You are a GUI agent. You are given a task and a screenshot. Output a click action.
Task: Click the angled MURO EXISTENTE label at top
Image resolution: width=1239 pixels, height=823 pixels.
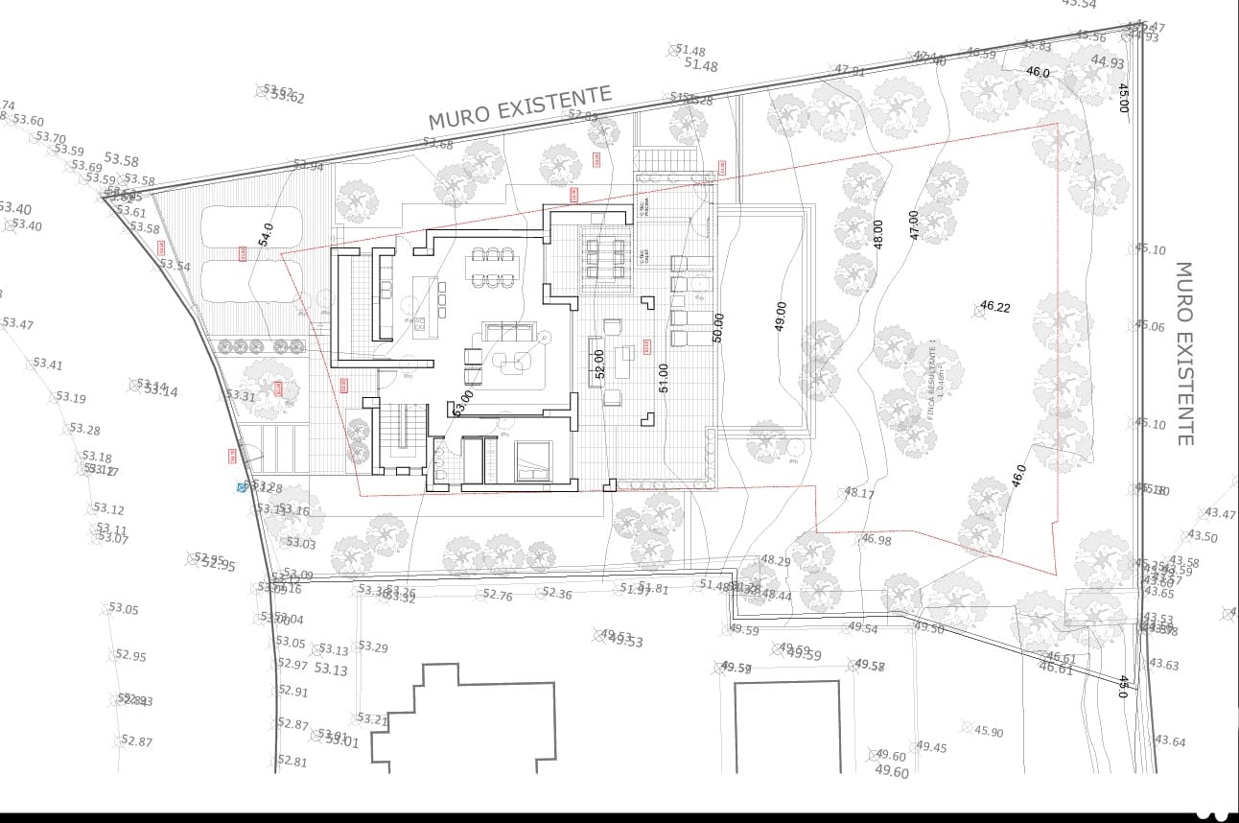[519, 107]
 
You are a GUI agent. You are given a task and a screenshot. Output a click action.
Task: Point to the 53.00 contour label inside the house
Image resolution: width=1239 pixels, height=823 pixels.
[462, 401]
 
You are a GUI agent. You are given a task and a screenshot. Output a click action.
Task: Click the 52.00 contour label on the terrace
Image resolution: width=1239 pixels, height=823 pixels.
[599, 364]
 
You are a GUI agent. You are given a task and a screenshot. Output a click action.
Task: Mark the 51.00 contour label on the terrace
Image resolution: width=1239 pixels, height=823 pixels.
[663, 377]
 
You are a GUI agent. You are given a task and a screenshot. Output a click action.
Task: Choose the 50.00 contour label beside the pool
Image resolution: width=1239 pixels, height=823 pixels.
[718, 327]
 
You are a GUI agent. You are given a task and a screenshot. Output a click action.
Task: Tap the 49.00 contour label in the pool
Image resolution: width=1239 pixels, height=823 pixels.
[780, 317]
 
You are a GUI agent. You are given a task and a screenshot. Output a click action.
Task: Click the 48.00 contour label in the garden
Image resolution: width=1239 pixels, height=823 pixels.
[877, 235]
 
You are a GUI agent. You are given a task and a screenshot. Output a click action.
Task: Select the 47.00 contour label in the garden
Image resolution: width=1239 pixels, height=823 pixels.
[914, 224]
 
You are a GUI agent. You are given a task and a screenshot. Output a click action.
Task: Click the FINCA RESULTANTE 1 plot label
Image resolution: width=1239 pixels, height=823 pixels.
[936, 381]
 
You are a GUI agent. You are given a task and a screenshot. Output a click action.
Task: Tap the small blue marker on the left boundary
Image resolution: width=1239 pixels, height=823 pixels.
[242, 487]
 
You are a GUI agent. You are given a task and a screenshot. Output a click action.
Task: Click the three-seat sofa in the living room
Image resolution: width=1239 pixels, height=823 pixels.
[507, 331]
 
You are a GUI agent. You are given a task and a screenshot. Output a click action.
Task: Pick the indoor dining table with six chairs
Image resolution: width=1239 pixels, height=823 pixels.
[493, 268]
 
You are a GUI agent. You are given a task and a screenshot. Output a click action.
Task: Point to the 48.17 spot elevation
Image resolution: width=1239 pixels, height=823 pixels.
[858, 493]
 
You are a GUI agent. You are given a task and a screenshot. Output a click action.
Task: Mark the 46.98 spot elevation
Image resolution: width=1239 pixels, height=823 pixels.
[875, 540]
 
